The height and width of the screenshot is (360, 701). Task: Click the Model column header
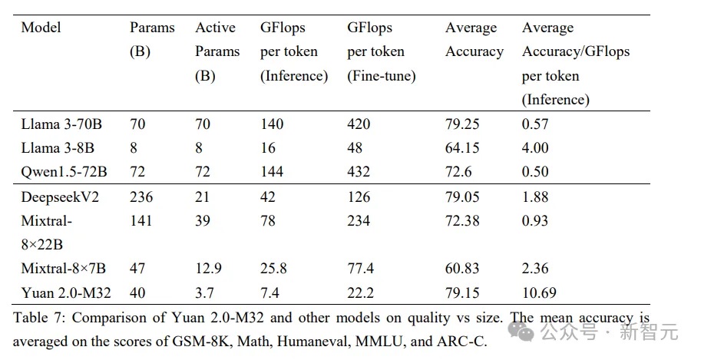coord(41,28)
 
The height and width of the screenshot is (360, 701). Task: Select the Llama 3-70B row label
coord(61,124)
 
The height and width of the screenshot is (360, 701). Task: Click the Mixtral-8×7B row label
coord(64,269)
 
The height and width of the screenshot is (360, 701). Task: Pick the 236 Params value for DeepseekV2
coord(141,197)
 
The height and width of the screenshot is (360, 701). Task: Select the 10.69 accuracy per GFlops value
coord(540,292)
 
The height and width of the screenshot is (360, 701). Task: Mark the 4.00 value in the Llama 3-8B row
coord(535,147)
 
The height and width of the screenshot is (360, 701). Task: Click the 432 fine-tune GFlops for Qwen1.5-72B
coord(359,171)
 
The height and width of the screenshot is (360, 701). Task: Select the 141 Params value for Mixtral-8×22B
coord(141,221)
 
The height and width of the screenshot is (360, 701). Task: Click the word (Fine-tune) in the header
coord(382,76)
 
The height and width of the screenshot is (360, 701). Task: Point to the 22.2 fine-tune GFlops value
coord(360,292)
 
